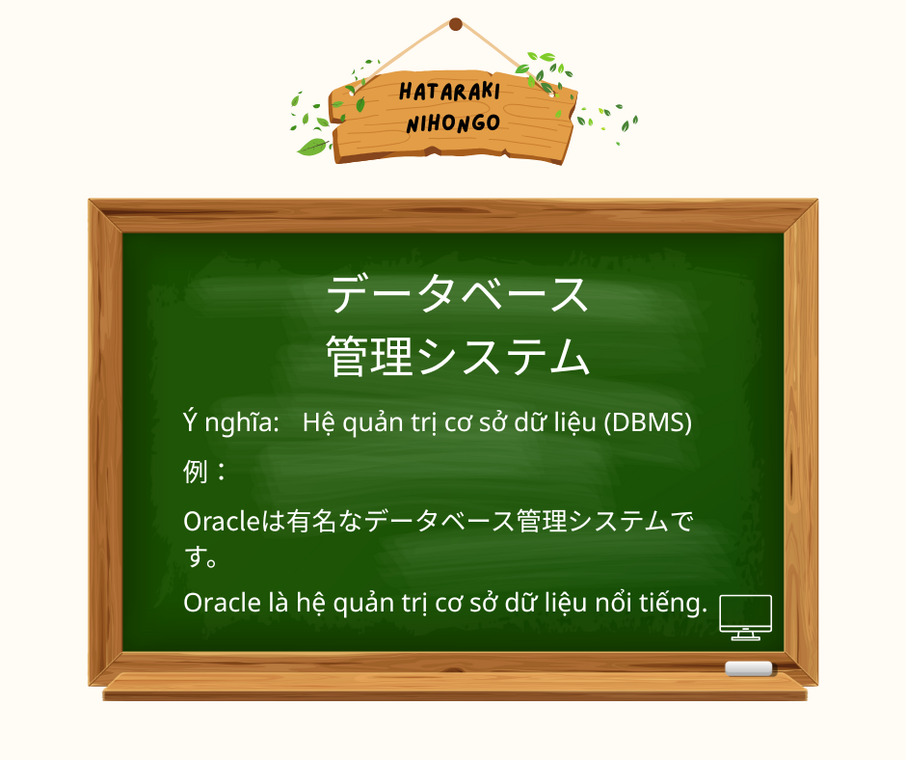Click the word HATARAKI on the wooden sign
[x=449, y=93]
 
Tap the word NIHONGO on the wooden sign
[x=453, y=123]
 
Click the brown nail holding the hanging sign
[x=456, y=24]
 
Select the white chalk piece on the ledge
[x=749, y=668]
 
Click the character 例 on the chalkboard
[x=196, y=472]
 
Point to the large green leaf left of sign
[x=312, y=147]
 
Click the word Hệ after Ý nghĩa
[x=317, y=422]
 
